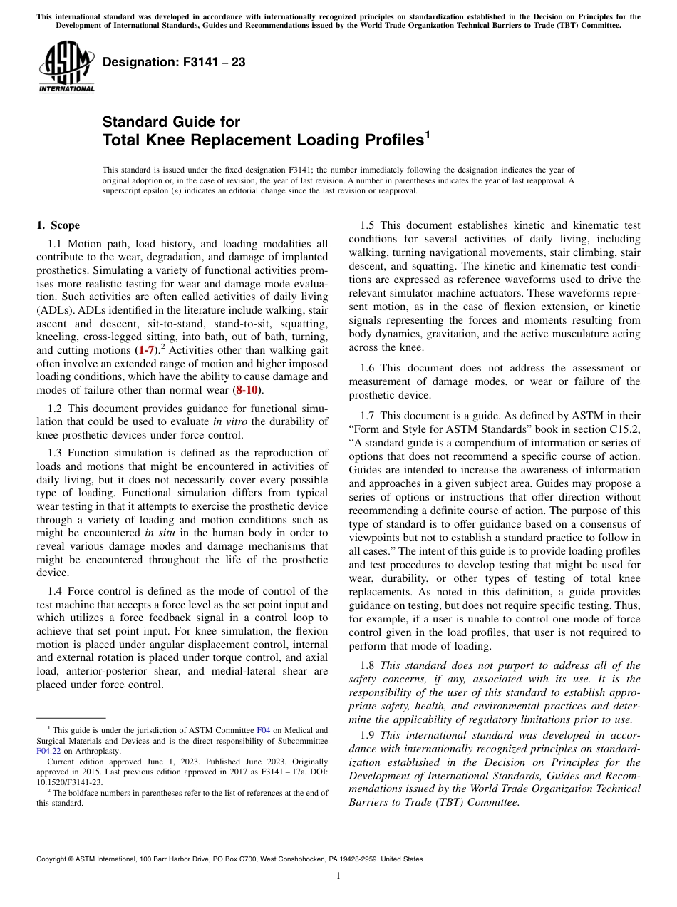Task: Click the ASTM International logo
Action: (66, 68)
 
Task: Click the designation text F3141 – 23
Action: (174, 63)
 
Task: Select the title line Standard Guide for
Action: (171, 122)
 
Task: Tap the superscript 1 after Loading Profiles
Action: (428, 134)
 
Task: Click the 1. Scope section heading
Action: (58, 226)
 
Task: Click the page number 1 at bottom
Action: (338, 876)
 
